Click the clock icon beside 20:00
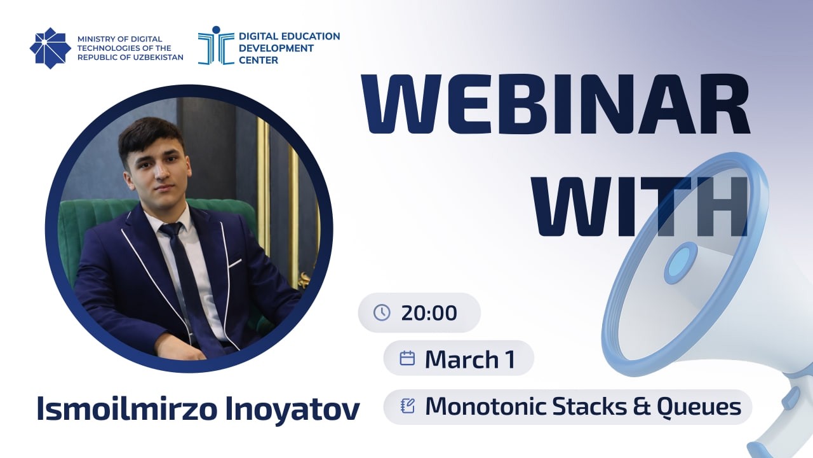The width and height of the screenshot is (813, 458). coord(382,312)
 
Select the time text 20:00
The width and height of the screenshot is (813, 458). coord(429,313)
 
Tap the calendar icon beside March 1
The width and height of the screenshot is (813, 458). coord(407,358)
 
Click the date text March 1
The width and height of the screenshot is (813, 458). coord(469,359)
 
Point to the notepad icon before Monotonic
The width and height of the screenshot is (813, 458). coord(408,406)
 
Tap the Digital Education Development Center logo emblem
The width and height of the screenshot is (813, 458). coord(215,46)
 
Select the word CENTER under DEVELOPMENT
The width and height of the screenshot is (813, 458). coord(259,60)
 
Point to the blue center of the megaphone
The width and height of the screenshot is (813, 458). coord(680,262)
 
